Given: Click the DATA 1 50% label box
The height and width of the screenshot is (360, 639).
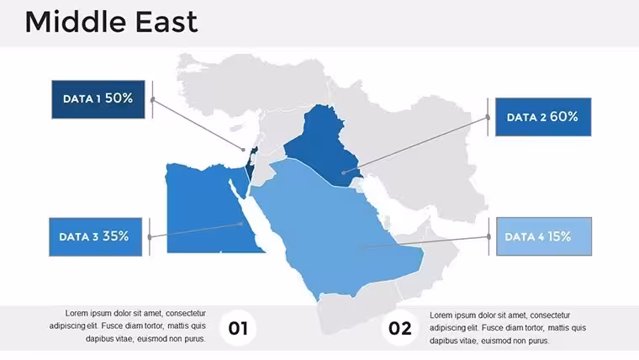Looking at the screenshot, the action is click(x=98, y=99).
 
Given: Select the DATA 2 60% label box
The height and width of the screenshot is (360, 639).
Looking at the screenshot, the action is click(x=543, y=117).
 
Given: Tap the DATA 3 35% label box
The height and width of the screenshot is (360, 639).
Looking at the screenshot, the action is click(x=95, y=237).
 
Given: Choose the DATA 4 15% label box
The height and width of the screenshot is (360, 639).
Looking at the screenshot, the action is click(x=544, y=236).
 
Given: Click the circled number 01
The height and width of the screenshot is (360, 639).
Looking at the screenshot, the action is click(x=238, y=328).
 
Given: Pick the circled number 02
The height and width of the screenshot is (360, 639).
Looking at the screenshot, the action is click(x=399, y=328).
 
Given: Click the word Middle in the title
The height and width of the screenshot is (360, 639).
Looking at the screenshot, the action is click(x=77, y=22).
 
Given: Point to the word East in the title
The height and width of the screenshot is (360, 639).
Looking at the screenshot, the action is click(x=166, y=22).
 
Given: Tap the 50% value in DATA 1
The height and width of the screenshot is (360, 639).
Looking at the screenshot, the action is click(x=119, y=98).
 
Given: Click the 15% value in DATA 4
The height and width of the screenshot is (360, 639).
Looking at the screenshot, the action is click(x=559, y=236).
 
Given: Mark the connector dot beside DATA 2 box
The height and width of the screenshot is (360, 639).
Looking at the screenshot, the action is click(x=488, y=118).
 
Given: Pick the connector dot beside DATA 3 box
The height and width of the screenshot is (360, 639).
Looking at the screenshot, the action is click(x=150, y=237).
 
